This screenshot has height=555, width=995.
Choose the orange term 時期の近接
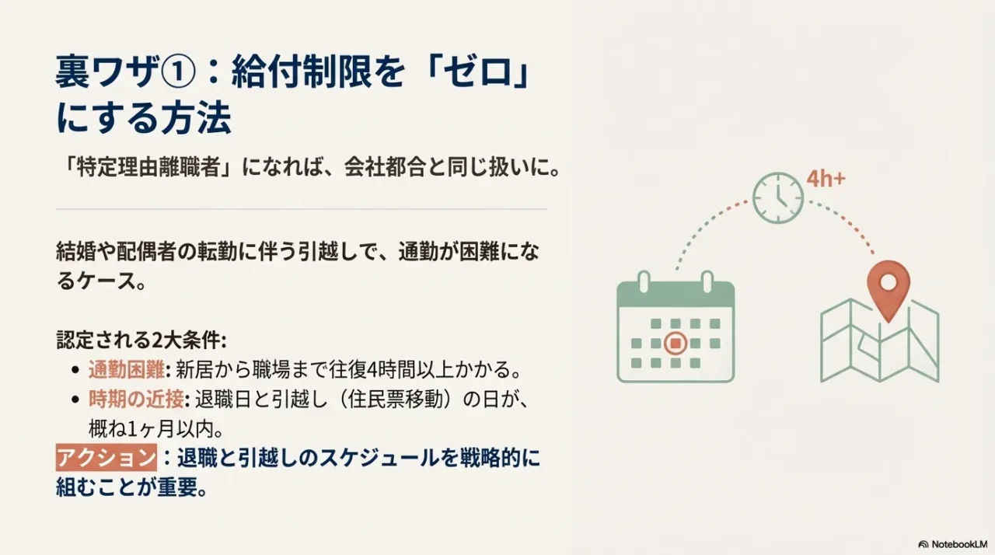coord(135,400)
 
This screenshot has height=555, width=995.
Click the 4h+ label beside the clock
coord(826,179)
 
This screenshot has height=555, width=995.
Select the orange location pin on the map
coord(888,287)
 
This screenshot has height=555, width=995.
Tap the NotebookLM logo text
coord(954,544)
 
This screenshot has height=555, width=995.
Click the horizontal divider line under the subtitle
coord(302,209)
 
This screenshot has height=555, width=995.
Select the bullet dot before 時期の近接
coord(75,400)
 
